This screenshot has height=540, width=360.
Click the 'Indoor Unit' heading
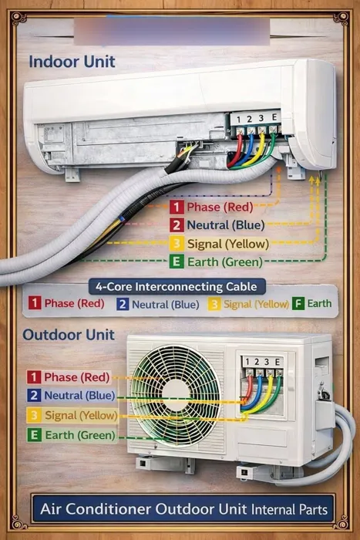[72, 62]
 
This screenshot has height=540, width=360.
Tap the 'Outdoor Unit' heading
[69, 335]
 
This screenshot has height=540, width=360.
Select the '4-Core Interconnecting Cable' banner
[177, 286]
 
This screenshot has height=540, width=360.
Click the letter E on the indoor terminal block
[274, 117]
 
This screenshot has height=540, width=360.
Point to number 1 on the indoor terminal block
[238, 120]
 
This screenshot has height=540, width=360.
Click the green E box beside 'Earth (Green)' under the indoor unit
[177, 262]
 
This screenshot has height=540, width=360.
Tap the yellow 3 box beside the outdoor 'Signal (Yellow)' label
[34, 415]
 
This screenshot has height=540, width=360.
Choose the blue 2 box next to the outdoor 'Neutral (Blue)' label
[34, 395]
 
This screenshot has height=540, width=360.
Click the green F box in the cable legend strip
[298, 303]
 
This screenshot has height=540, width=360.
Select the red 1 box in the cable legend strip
[35, 303]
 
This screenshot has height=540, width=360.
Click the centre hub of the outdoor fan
[176, 395]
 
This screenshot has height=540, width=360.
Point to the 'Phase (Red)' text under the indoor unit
[220, 207]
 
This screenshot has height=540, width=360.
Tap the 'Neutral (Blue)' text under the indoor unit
[226, 225]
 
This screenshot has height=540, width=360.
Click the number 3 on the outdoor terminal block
[267, 362]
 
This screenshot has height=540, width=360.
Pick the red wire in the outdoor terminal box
[247, 389]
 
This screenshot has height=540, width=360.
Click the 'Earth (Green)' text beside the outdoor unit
[80, 435]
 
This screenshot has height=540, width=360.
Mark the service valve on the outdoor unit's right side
[323, 391]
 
